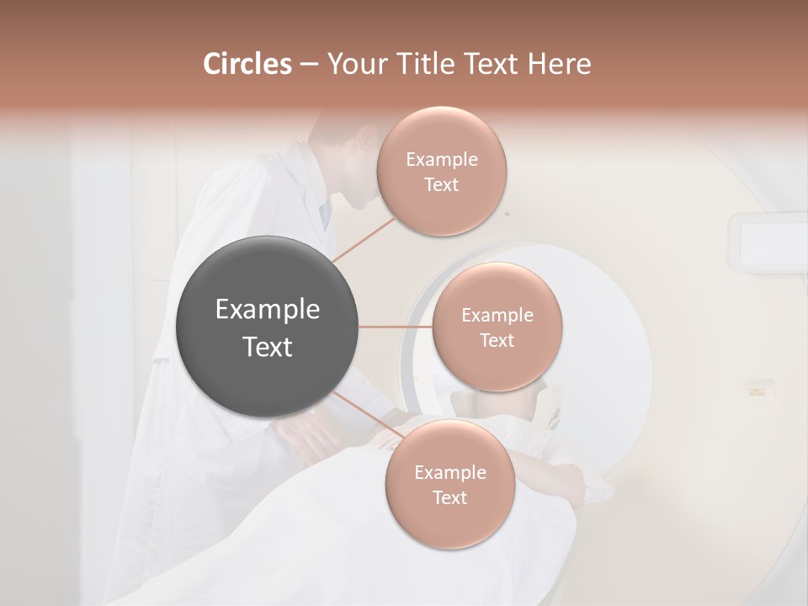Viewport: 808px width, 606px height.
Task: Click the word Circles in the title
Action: click(247, 64)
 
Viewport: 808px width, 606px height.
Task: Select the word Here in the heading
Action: click(559, 64)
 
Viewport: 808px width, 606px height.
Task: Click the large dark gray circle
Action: click(267, 327)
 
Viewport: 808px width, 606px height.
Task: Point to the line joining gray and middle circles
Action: click(395, 327)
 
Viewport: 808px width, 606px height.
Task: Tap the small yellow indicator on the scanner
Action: click(757, 391)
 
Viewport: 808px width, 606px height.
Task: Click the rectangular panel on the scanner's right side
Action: click(768, 243)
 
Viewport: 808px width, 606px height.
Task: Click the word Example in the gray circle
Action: click(267, 310)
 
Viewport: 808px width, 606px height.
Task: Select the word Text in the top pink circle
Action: click(441, 185)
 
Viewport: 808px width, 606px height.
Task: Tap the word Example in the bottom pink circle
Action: click(449, 472)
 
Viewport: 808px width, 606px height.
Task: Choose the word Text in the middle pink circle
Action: click(497, 340)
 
